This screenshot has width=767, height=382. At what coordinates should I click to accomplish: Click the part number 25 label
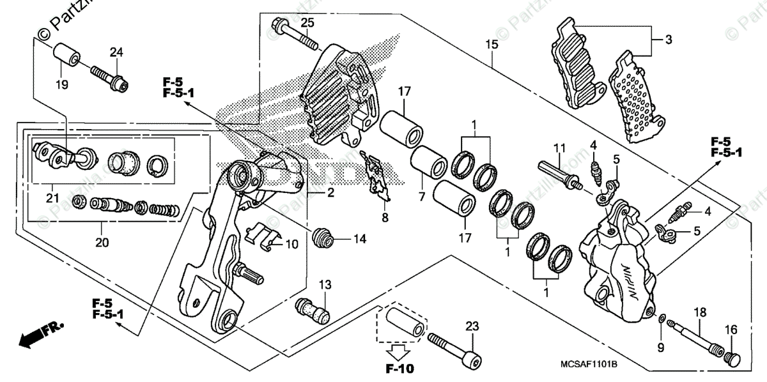[307, 23]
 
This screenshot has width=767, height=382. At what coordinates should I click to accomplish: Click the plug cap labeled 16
[731, 359]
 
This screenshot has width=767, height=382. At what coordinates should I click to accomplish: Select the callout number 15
[491, 45]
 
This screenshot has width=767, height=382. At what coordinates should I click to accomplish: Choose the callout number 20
[102, 243]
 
